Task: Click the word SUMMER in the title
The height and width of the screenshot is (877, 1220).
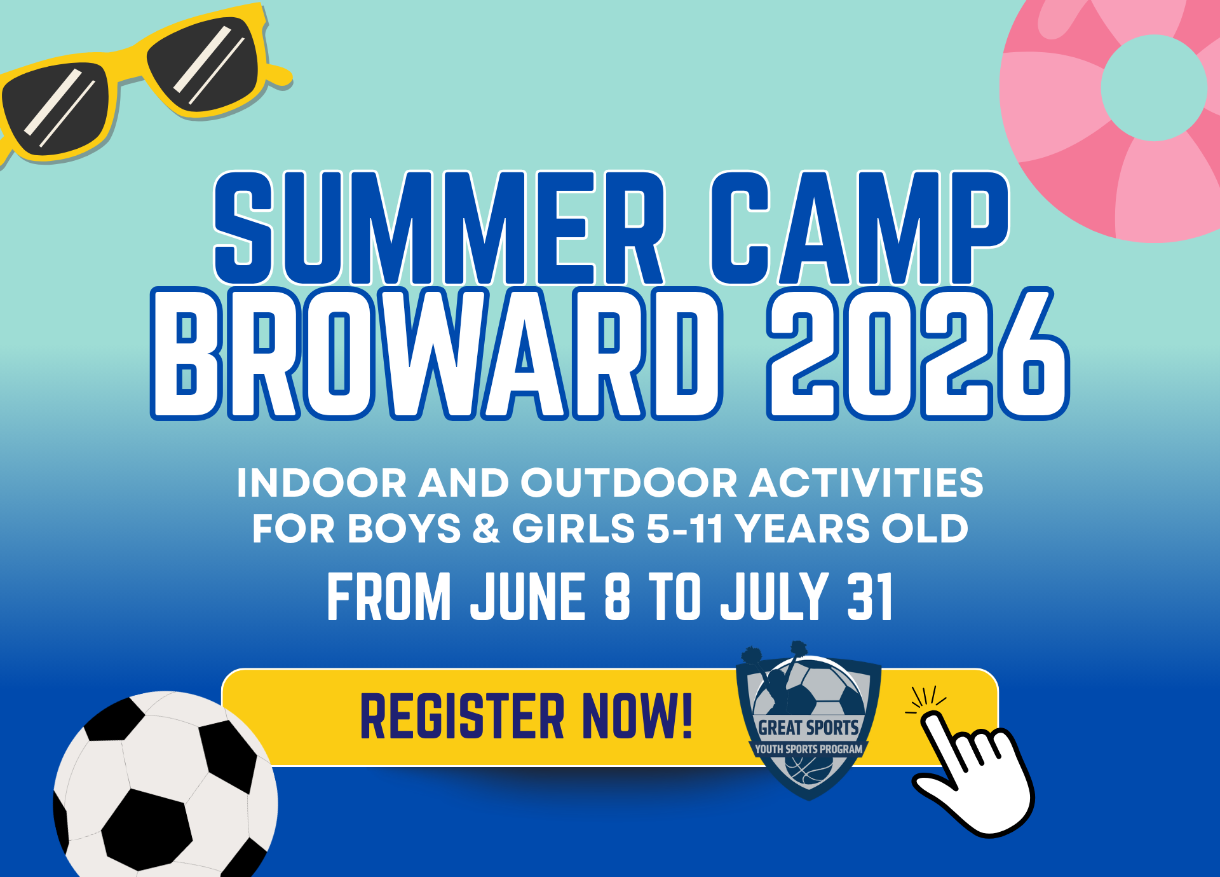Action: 439,228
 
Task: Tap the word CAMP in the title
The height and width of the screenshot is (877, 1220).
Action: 859,228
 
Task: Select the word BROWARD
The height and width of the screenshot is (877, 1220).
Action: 437,354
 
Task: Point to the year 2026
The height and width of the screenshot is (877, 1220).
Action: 918,354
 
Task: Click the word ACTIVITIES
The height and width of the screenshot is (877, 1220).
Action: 867,483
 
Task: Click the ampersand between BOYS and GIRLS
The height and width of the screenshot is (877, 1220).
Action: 486,528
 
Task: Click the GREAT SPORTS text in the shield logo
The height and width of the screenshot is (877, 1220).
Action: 808,728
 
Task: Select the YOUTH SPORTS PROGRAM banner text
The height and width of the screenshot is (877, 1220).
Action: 808,749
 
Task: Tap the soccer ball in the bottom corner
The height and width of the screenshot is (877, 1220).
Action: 165,785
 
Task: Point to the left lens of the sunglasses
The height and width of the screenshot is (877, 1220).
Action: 55,109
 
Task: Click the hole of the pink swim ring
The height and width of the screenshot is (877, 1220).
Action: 1154,88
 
